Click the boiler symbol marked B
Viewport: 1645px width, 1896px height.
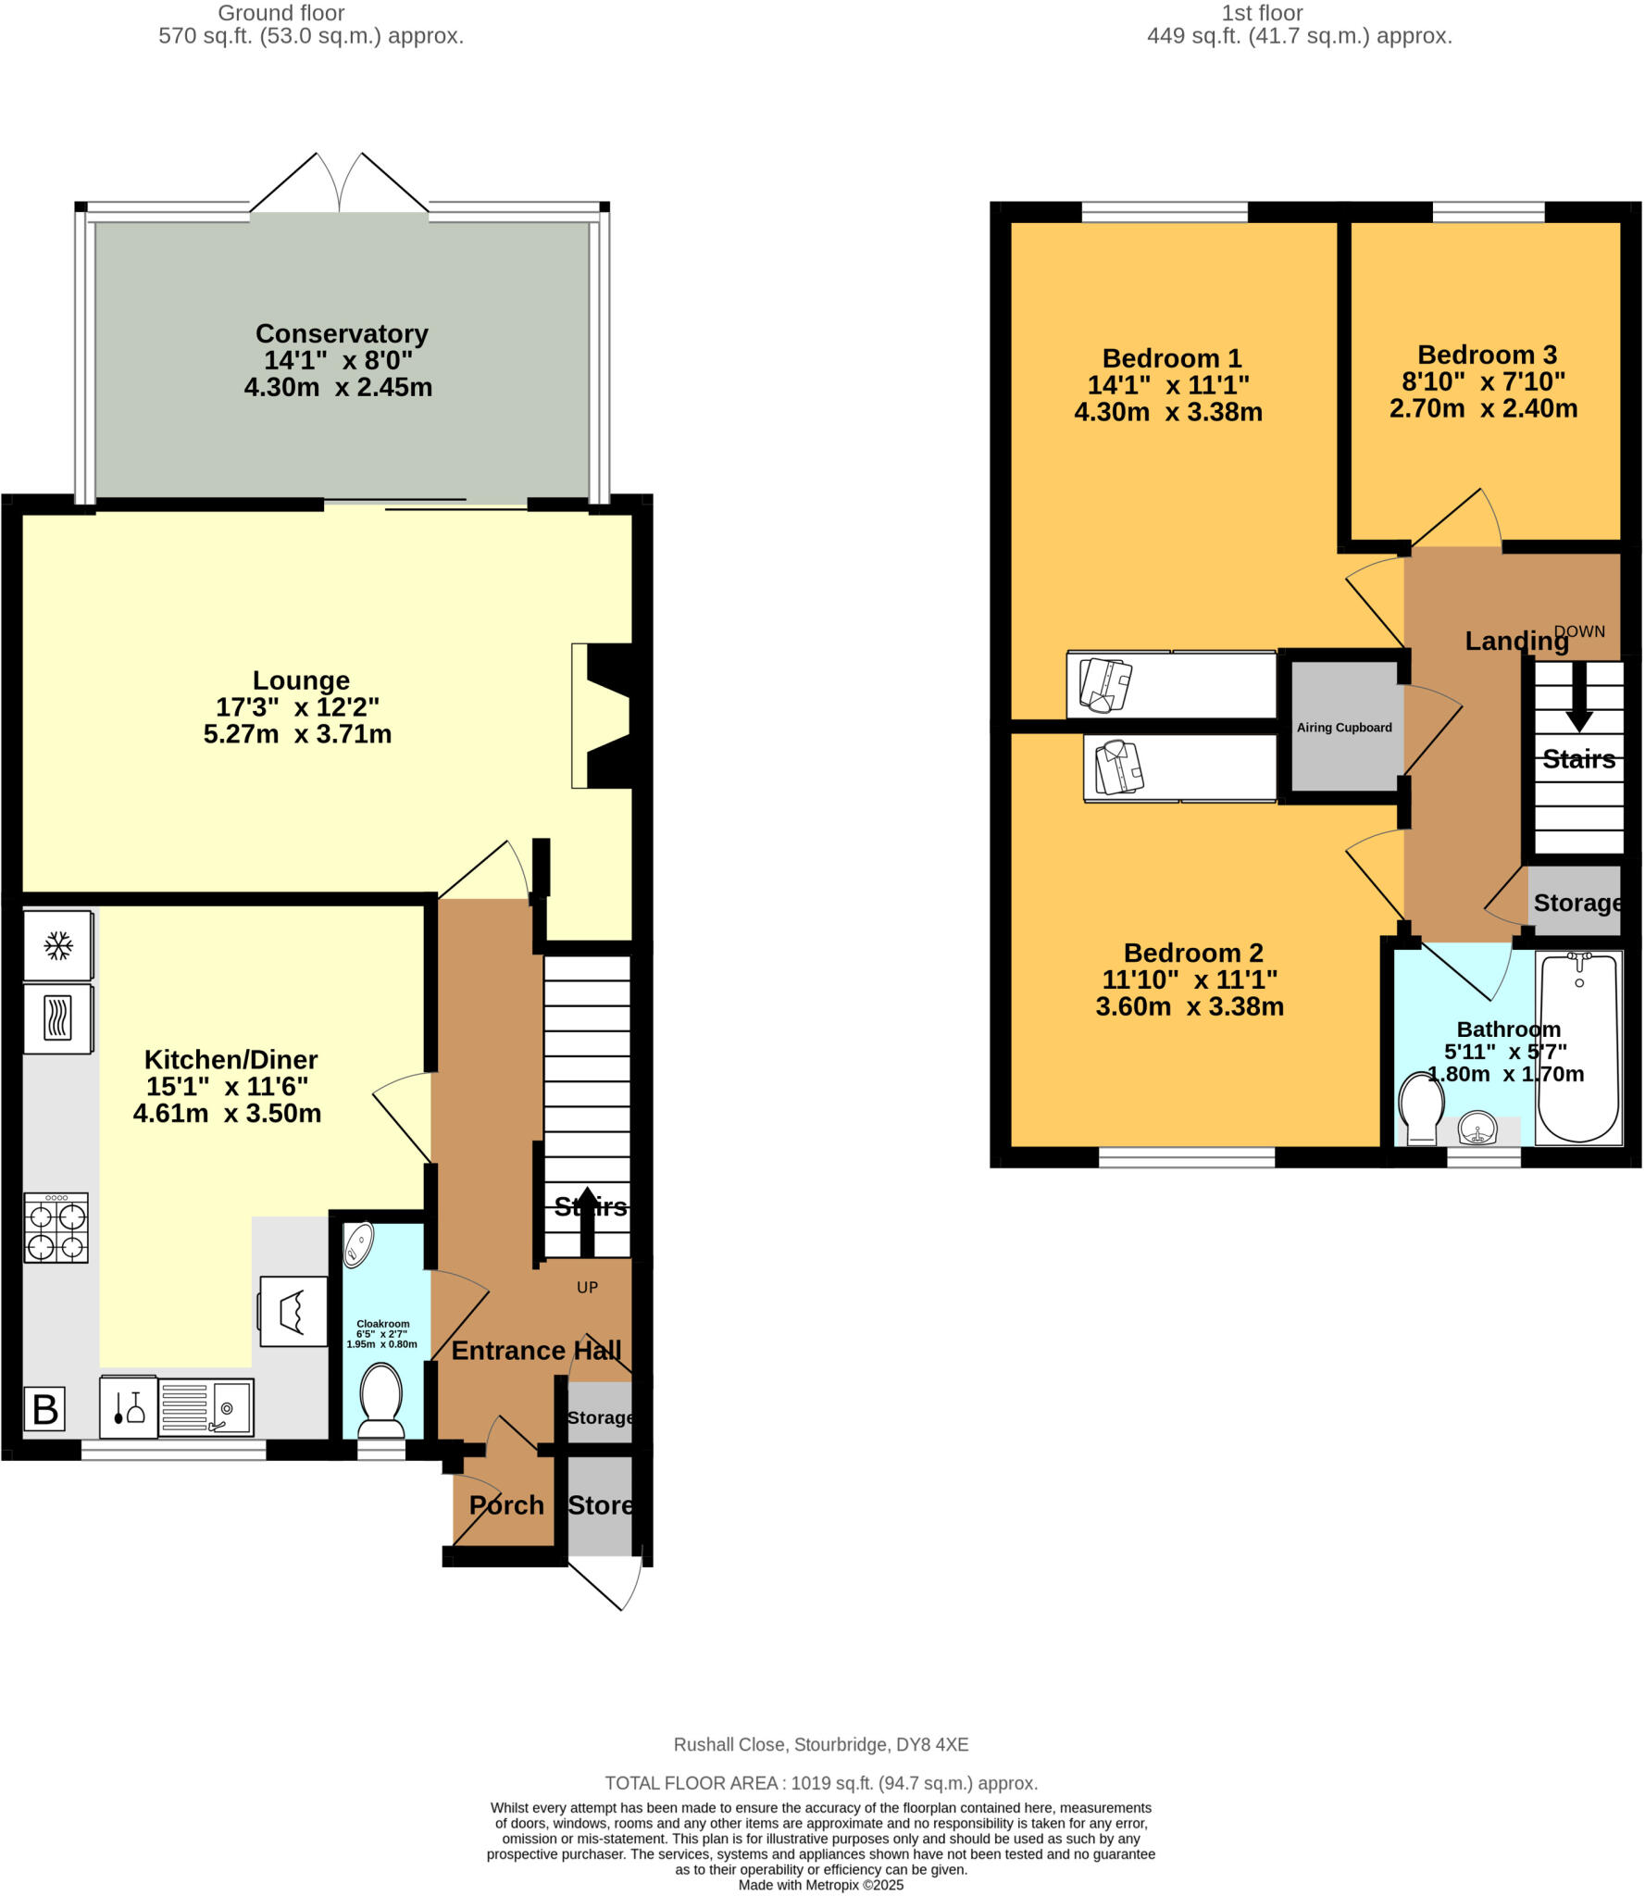(44, 1409)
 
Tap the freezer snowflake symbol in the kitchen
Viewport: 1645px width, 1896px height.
(58, 945)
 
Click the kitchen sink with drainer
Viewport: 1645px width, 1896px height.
(206, 1407)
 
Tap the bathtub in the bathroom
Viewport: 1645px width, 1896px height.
(1577, 1049)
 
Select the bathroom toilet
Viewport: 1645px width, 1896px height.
(1421, 1107)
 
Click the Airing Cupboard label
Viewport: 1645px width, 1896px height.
(1343, 728)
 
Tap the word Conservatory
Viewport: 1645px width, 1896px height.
(342, 333)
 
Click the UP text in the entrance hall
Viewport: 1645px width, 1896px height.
(587, 1287)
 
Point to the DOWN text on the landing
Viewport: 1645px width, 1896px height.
(1578, 631)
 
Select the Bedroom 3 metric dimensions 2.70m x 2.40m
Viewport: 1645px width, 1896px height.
(1482, 408)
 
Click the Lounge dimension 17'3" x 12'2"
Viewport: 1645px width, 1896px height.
(297, 707)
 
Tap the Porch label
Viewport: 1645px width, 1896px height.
(506, 1505)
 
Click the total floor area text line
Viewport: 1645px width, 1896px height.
(821, 1783)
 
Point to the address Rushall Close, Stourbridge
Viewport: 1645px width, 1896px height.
(820, 1744)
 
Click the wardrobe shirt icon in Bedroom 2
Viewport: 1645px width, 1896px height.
(1119, 767)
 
